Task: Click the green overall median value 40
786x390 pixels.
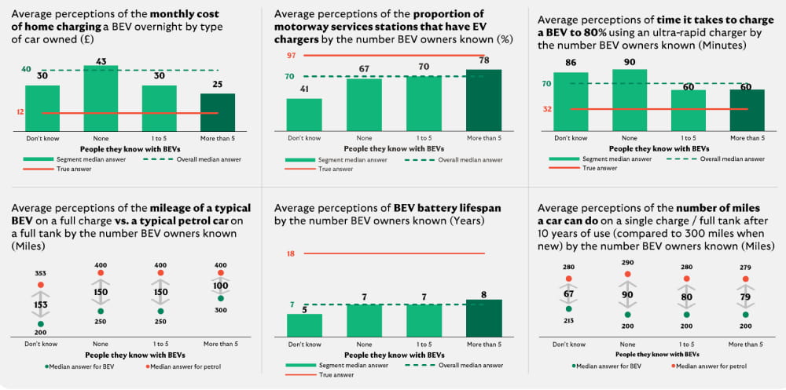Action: tap(27, 70)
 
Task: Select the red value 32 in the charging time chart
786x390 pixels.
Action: tap(546, 109)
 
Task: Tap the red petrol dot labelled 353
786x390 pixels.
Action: tap(41, 283)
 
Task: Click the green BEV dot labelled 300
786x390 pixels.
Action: tap(222, 297)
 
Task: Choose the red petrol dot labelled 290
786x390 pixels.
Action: tap(627, 274)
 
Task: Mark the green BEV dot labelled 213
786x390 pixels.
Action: tap(568, 309)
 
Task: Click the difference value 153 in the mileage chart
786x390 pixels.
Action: tap(41, 304)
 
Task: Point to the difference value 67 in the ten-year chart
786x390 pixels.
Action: tap(568, 294)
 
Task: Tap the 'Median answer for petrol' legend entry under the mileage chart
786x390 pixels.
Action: tap(162, 366)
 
